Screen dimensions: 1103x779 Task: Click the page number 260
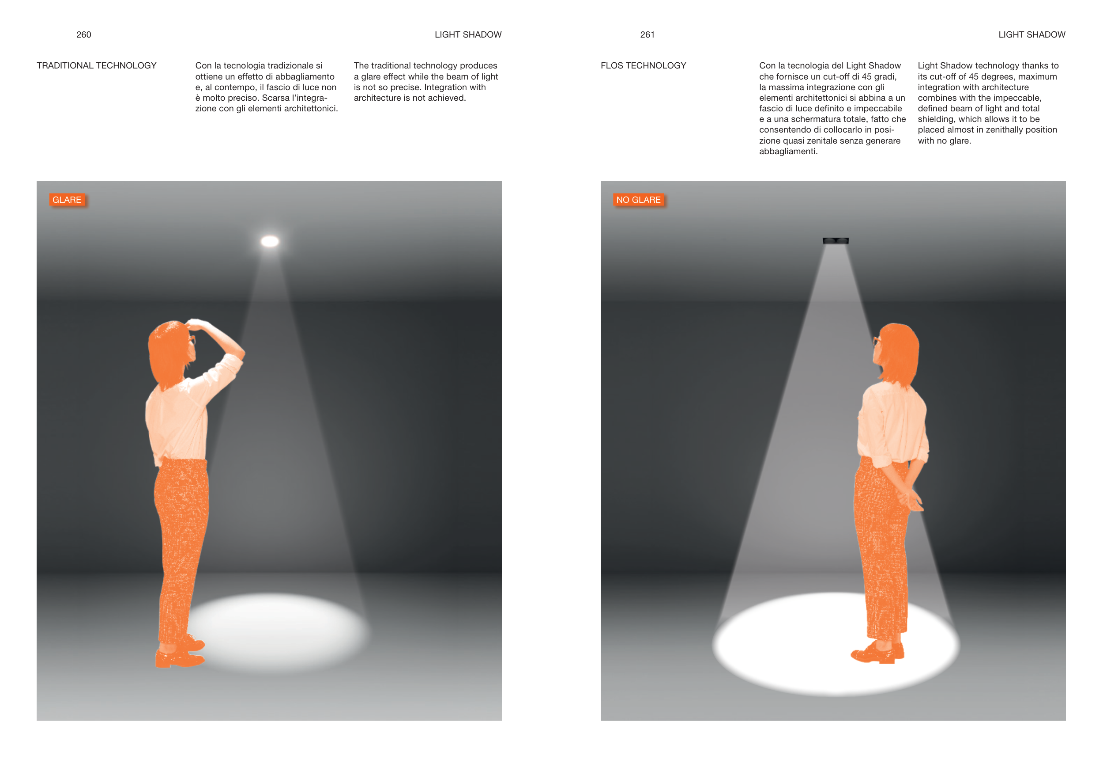(83, 34)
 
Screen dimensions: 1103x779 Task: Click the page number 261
(647, 34)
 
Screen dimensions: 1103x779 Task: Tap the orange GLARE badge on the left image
(67, 200)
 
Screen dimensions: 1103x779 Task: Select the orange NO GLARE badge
(639, 200)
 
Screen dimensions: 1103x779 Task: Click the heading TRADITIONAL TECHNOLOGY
(97, 65)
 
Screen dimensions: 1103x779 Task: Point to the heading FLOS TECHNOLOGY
(643, 65)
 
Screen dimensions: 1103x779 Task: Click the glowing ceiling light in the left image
(270, 241)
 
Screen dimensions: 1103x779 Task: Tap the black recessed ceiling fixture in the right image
(836, 240)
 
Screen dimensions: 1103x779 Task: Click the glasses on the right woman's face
(877, 342)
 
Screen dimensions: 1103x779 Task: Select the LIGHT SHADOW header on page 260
(468, 34)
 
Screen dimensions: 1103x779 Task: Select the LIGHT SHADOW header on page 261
(1031, 34)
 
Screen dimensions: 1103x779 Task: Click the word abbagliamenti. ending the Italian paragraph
(788, 152)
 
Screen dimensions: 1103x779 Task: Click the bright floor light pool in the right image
(836, 644)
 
